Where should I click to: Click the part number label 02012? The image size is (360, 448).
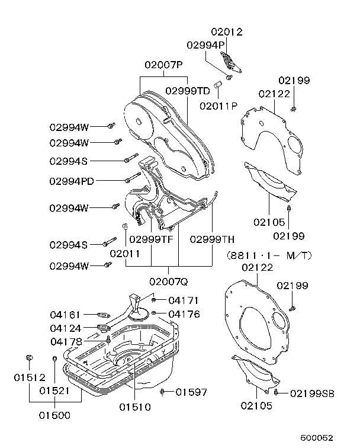(x=227, y=32)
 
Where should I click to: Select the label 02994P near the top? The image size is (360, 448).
(x=205, y=44)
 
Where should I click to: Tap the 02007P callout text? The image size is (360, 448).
(x=163, y=65)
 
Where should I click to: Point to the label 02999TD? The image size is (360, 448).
(x=188, y=91)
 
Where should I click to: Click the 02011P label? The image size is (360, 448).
(x=218, y=106)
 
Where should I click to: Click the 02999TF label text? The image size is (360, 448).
(x=151, y=239)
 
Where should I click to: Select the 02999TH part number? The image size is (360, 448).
(x=212, y=239)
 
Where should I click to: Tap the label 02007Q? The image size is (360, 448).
(x=169, y=279)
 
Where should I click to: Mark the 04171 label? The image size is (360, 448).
(x=183, y=300)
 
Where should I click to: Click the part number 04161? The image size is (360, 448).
(x=65, y=315)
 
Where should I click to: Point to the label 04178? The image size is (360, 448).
(x=66, y=341)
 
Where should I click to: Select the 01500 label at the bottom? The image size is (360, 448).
(x=55, y=415)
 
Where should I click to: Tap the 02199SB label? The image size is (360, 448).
(x=313, y=393)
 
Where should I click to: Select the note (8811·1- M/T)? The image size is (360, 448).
(x=269, y=255)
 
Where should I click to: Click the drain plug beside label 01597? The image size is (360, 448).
(x=162, y=391)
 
